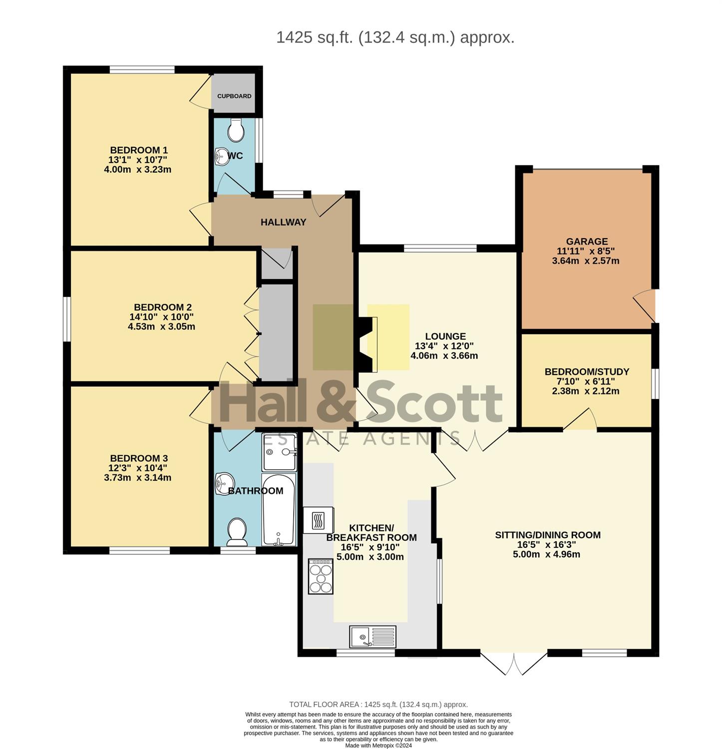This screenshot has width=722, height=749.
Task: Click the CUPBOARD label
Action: tap(234, 96)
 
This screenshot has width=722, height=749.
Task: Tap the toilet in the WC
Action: tap(235, 130)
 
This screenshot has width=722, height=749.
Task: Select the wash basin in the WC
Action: tap(222, 156)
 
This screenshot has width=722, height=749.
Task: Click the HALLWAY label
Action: tap(283, 222)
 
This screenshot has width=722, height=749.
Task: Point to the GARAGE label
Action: tap(587, 242)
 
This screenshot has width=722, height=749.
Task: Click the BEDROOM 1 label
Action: tap(139, 150)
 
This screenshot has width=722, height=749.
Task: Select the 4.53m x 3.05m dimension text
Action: tap(161, 327)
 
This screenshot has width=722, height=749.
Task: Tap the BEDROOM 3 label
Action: tap(139, 458)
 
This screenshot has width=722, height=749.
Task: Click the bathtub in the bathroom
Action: tap(279, 510)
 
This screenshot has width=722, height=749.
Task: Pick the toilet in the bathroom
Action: tap(237, 532)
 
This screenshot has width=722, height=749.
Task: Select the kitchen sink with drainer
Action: tap(372, 637)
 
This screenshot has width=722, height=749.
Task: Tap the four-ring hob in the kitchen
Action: tap(321, 576)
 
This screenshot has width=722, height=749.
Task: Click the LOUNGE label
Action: tap(445, 337)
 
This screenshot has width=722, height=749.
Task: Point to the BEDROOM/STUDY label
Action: tap(587, 372)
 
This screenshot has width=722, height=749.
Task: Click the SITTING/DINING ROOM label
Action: tap(548, 535)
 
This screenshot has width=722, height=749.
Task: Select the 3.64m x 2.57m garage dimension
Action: tap(586, 261)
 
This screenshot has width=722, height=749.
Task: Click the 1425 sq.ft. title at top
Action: tap(395, 37)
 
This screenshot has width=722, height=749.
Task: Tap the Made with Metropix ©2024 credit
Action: tap(378, 746)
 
